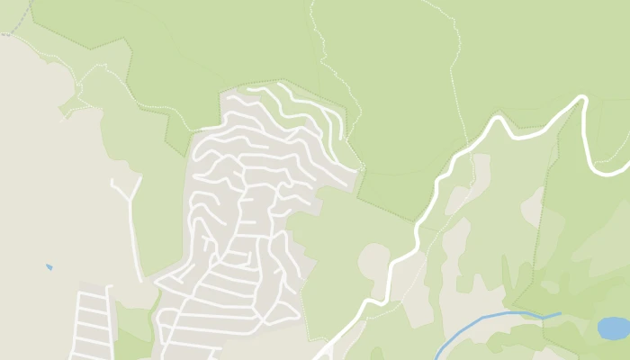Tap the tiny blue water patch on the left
[49, 267]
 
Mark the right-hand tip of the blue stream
[560, 314]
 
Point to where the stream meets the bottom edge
[436, 358]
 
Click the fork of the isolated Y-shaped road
[130, 199]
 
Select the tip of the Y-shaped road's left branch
[112, 181]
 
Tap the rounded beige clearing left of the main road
[373, 259]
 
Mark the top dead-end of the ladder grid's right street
[109, 288]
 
